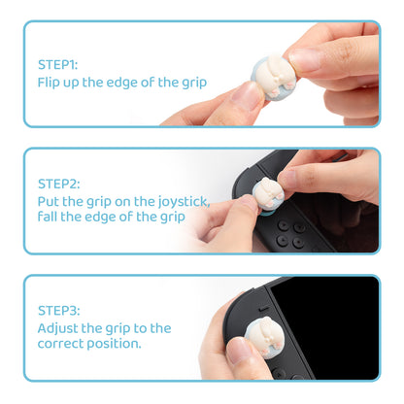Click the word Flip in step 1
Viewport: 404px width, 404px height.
[50, 83]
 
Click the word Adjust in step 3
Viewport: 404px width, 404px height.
[60, 327]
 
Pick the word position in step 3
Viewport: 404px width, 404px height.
[116, 344]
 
